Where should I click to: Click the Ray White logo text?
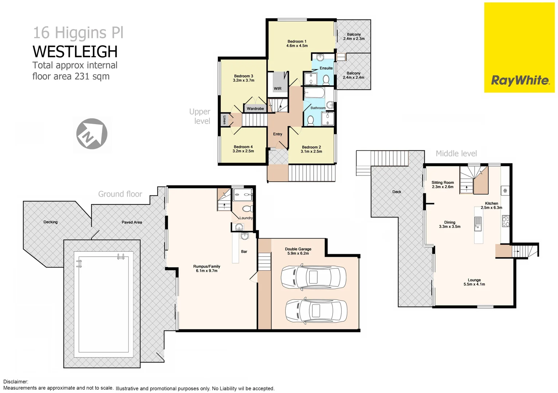(520, 80)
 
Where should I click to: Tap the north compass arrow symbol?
(92, 134)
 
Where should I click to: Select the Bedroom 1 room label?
(297, 41)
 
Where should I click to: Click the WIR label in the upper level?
(278, 88)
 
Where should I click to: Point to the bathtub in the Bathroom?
(314, 92)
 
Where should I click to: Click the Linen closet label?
(224, 120)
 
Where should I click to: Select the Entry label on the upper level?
(278, 134)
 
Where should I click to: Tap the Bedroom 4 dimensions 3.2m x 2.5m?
(243, 151)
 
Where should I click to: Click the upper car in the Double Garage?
(313, 277)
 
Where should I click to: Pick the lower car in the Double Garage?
(315, 311)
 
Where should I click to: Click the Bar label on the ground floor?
(244, 251)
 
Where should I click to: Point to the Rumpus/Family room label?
(207, 266)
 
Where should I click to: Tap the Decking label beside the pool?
(51, 222)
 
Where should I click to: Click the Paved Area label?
(132, 222)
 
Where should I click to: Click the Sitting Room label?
(443, 183)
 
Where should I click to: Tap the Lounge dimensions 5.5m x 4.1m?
(474, 284)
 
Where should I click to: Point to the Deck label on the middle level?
(397, 192)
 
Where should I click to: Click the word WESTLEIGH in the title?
(75, 52)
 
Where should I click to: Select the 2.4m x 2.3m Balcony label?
(354, 36)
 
